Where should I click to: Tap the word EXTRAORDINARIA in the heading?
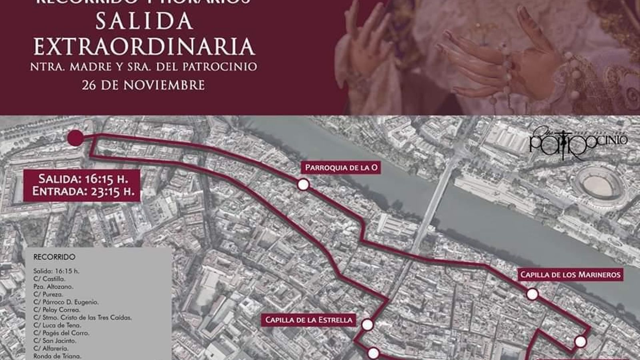(144, 46)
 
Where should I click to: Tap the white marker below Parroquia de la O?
(303, 185)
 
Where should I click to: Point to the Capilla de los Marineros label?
(570, 274)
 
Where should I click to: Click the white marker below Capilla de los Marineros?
(532, 295)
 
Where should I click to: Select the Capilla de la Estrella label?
(309, 320)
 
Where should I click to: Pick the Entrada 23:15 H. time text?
(83, 191)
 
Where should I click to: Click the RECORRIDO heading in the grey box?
(54, 257)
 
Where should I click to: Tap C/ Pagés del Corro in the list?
(61, 333)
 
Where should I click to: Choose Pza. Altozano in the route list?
(53, 286)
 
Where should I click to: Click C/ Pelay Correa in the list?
(57, 310)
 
